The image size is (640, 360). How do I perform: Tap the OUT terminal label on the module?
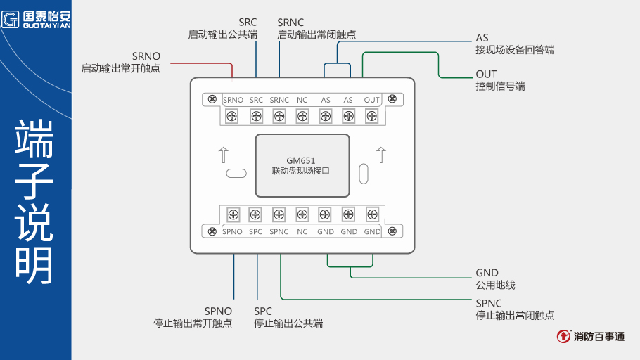click(x=372, y=100)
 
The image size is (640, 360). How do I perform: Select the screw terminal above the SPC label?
click(x=256, y=214)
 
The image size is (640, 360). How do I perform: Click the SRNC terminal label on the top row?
click(x=279, y=100)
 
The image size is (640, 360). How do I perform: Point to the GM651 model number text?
click(x=300, y=160)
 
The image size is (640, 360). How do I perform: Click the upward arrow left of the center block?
click(x=223, y=154)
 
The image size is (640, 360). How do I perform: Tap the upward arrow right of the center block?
click(x=380, y=154)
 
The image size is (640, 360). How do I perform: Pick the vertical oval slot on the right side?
click(x=363, y=173)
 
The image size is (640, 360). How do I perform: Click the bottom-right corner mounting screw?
click(x=392, y=231)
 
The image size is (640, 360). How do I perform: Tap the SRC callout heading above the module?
click(x=248, y=22)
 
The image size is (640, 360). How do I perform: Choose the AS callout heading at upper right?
click(x=482, y=37)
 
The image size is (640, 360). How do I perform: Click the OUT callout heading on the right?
click(x=486, y=74)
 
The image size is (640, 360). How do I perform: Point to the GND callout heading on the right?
click(x=487, y=273)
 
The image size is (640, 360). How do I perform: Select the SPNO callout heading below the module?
click(x=218, y=311)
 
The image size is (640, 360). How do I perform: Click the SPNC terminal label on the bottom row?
click(x=279, y=231)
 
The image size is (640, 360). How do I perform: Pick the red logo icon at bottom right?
click(x=564, y=336)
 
